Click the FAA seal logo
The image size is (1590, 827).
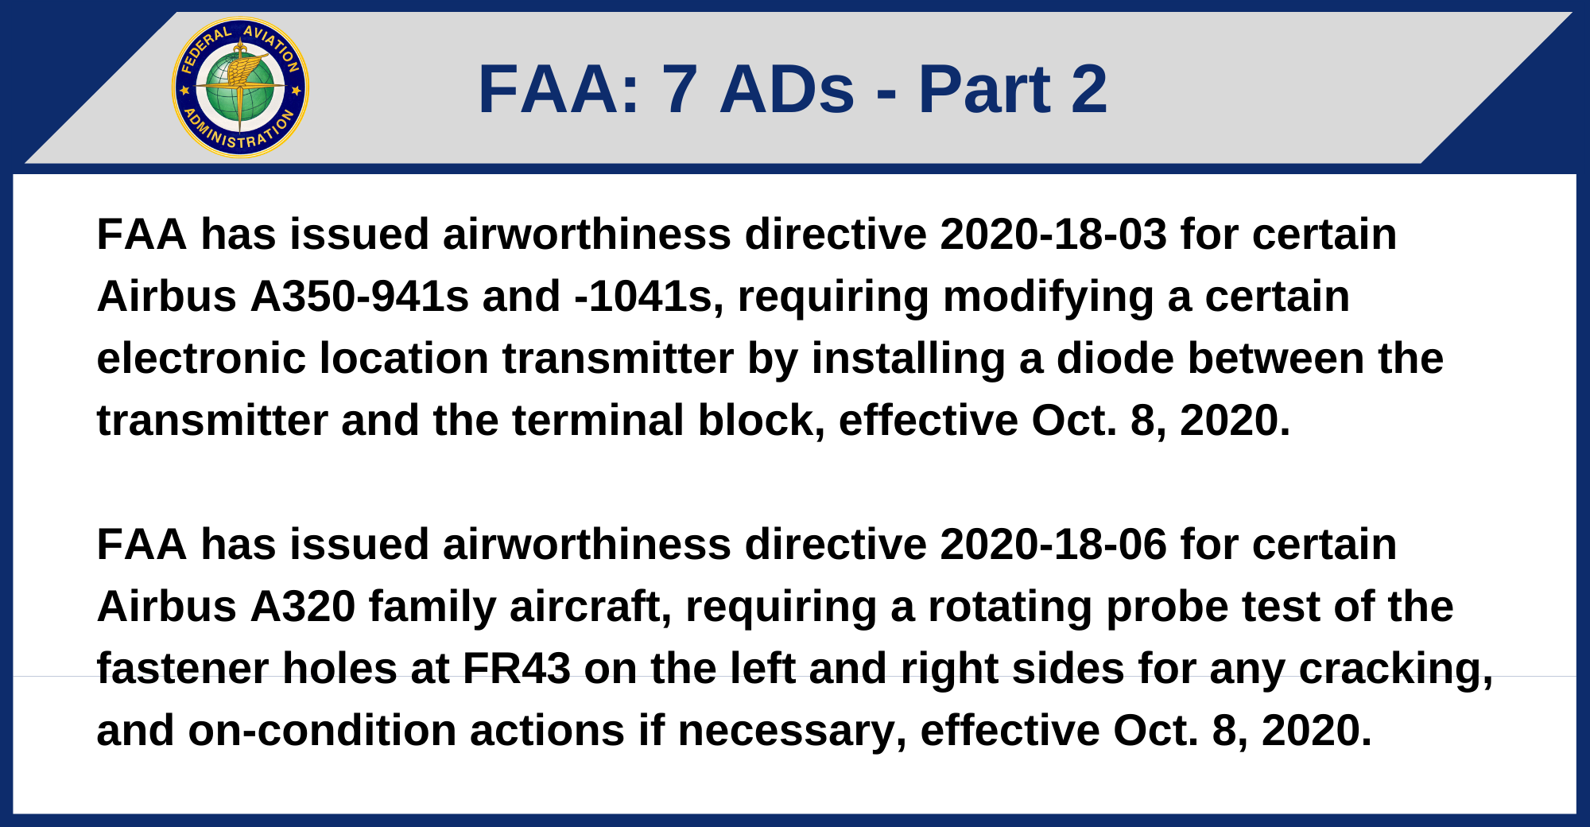tap(240, 87)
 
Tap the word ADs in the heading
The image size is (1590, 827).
tap(787, 89)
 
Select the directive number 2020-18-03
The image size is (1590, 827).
tap(1053, 235)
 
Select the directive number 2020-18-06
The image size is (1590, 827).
tap(1053, 545)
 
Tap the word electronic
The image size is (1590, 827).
tap(201, 359)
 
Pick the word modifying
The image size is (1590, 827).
tap(1048, 298)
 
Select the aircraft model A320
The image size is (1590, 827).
tap(303, 607)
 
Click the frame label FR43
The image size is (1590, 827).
tap(517, 669)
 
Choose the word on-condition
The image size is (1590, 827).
tap(322, 731)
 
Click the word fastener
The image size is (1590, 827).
tap(184, 669)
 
